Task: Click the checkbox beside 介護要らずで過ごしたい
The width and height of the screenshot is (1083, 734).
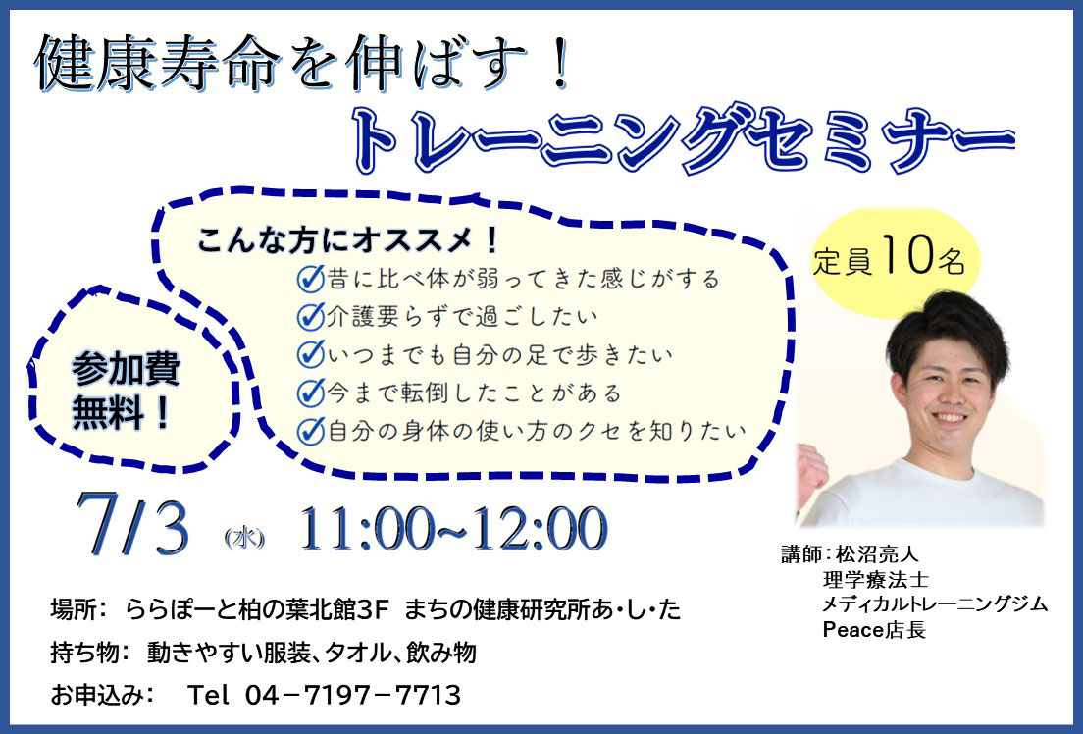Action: coord(309,317)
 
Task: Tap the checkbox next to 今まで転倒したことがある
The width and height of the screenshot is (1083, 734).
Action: coord(309,393)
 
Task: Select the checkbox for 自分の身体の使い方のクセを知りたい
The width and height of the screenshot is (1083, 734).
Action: coord(309,432)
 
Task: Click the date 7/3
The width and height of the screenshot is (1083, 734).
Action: coord(131,524)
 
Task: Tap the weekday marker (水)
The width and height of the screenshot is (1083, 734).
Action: coord(244,537)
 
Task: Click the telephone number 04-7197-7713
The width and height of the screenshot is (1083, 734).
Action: coord(353,694)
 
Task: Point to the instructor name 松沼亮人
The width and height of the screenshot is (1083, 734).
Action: coord(877,553)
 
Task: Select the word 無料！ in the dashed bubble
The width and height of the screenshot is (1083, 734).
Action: coord(122,412)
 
